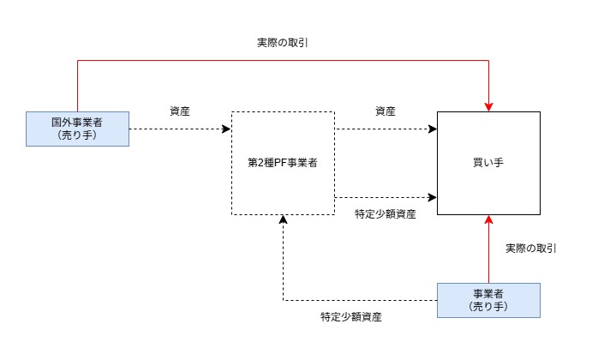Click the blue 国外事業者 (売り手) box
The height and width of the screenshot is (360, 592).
77,129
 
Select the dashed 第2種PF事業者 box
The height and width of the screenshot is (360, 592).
283,163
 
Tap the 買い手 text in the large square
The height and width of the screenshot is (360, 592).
488,163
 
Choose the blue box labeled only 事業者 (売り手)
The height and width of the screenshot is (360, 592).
488,300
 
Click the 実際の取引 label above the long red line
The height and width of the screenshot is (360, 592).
283,42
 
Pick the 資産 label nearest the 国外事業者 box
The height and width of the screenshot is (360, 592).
180,111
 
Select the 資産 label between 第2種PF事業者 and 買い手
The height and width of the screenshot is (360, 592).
386,111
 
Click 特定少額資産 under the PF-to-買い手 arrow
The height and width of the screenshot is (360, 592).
386,213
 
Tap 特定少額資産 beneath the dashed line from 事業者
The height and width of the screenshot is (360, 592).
351,316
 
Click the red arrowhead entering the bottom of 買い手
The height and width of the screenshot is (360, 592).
488,219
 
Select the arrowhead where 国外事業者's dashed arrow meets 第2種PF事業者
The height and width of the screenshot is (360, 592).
227,129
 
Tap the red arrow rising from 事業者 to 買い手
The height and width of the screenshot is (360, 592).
488,253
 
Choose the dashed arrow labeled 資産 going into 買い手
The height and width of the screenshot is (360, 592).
386,129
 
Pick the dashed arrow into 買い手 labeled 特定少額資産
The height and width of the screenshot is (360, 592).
386,197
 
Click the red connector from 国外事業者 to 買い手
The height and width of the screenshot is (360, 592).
283,60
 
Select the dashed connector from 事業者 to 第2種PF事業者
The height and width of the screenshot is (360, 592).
360,300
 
